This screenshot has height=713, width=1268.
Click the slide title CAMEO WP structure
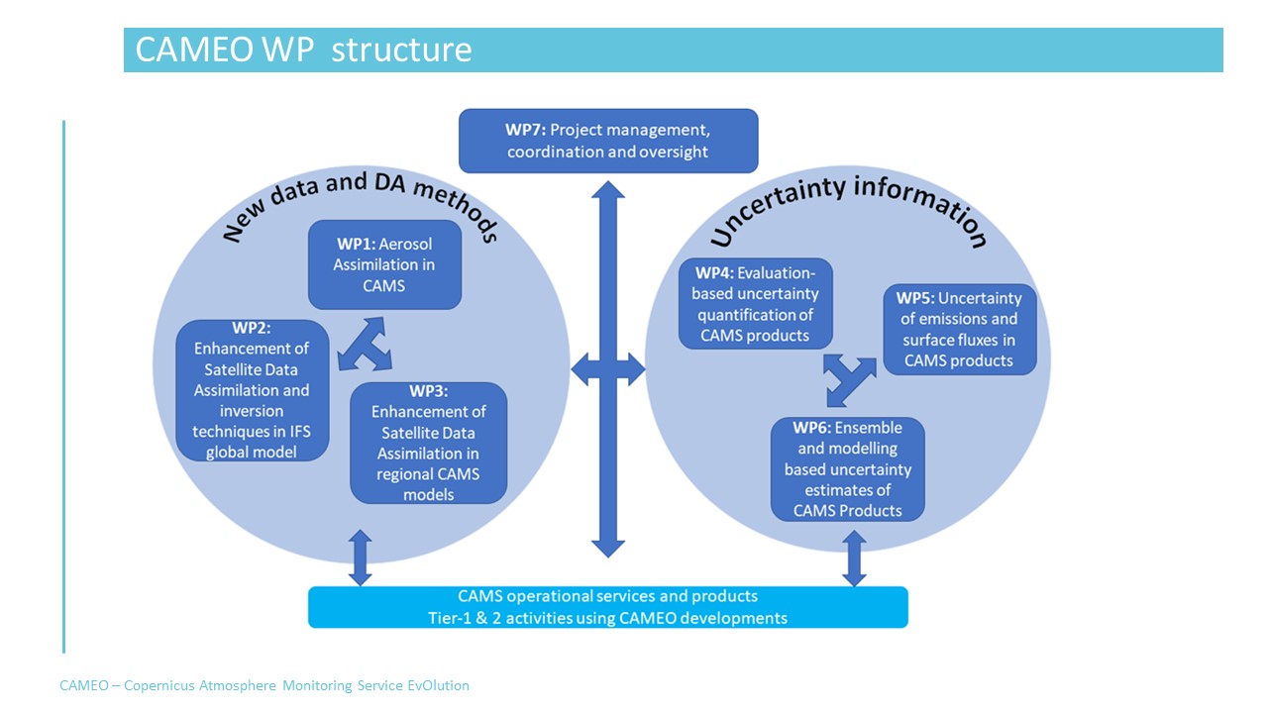[303, 50]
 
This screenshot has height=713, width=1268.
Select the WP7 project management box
[608, 141]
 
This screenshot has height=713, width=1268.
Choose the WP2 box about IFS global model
[252, 390]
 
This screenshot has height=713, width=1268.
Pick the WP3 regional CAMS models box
[428, 443]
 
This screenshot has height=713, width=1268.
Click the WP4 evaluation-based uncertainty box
[755, 304]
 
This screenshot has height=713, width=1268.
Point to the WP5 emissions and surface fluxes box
[959, 329]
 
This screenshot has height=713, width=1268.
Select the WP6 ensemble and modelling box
[848, 469]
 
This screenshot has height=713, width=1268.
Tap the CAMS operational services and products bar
[608, 607]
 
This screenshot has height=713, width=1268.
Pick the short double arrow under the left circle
[360, 558]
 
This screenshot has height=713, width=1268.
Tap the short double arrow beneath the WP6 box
[853, 557]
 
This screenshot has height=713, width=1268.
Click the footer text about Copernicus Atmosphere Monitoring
[264, 685]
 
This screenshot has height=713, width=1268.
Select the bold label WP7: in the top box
[524, 130]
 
